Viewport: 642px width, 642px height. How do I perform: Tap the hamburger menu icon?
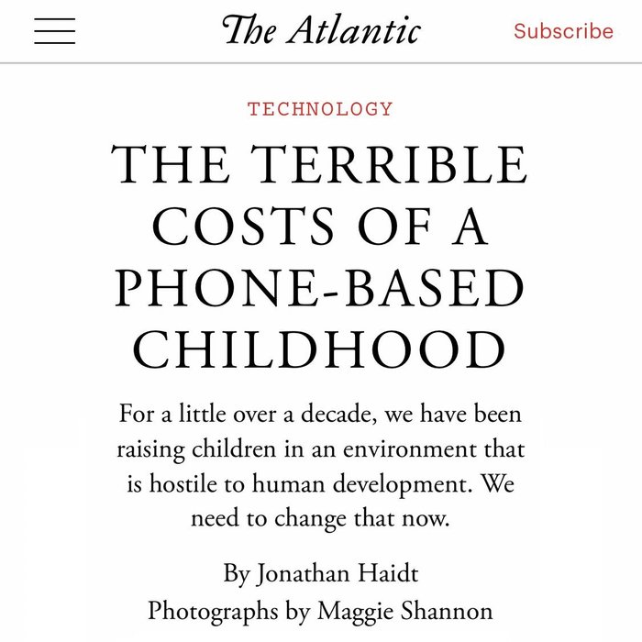(x=55, y=31)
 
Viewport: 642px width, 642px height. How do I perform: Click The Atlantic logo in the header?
(x=321, y=30)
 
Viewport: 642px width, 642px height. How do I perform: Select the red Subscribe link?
(x=563, y=31)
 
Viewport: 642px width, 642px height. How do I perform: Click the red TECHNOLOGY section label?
(x=320, y=109)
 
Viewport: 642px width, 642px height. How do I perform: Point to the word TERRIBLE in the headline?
(x=391, y=167)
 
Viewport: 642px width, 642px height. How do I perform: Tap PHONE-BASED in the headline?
(x=320, y=289)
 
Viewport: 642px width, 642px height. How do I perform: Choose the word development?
(x=389, y=484)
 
